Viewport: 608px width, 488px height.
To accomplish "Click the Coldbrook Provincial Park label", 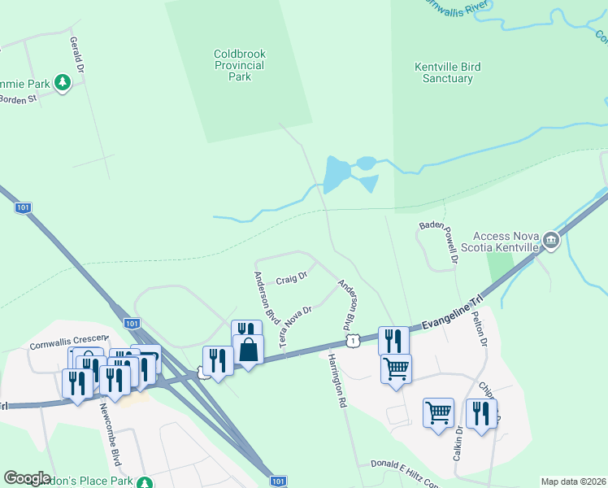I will pyautogui.click(x=240, y=65).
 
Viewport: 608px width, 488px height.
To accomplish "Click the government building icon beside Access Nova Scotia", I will pyautogui.click(x=552, y=239).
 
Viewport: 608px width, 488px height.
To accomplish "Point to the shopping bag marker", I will pyautogui.click(x=249, y=350).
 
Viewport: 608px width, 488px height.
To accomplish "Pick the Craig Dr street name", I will pyautogui.click(x=291, y=278).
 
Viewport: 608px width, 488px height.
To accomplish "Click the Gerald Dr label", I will pyautogui.click(x=77, y=54).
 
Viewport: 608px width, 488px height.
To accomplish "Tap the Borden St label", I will pyautogui.click(x=18, y=99).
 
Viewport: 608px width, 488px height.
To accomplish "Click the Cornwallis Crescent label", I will pyautogui.click(x=69, y=342).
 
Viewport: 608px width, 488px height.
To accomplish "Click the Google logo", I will pyautogui.click(x=28, y=478).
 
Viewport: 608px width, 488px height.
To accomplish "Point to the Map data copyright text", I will pyautogui.click(x=572, y=481).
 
